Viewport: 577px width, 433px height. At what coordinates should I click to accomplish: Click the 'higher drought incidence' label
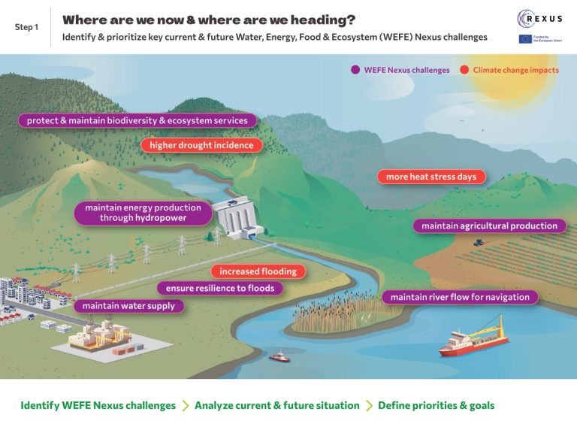coord(201,145)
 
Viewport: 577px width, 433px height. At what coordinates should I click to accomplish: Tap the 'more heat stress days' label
coord(431,177)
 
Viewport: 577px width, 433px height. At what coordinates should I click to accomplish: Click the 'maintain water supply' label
coord(128,306)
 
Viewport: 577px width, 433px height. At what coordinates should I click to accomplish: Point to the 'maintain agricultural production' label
coord(489,226)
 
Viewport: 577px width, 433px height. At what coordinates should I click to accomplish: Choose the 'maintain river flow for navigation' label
coord(460,297)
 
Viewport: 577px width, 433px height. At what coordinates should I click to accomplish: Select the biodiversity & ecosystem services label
coord(137,120)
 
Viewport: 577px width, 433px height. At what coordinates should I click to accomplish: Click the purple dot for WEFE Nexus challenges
coord(355,71)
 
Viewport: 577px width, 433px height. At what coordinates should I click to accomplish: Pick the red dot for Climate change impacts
coord(464,71)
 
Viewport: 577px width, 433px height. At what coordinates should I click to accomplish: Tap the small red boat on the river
coord(279,357)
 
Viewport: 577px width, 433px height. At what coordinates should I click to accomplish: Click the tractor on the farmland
coord(478,243)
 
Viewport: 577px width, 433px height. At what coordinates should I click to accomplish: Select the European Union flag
coord(525,38)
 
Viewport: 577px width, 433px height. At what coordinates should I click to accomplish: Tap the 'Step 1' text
coord(26,27)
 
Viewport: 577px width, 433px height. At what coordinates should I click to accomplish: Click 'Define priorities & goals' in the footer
coord(436,405)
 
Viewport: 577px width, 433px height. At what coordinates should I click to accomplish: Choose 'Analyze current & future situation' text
coord(276,405)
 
